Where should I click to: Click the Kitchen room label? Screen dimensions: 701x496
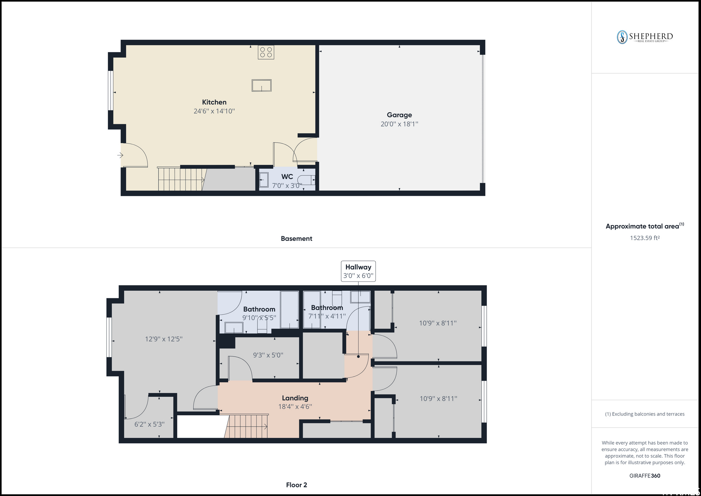(214, 102)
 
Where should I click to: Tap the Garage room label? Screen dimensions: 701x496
(399, 115)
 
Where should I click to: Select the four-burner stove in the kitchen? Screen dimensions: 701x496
(266, 52)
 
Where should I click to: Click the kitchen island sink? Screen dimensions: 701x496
(262, 85)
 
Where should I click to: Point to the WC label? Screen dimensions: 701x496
(287, 177)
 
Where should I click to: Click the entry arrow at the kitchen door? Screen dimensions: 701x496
(120, 155)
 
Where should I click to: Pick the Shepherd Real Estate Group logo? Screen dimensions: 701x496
(645, 37)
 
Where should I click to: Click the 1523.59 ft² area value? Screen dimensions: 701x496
(645, 238)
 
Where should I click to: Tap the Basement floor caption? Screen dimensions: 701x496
(296, 239)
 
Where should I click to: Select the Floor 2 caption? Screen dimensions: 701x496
(296, 485)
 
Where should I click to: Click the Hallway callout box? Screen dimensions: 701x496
(358, 271)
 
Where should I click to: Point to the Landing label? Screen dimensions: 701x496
(295, 398)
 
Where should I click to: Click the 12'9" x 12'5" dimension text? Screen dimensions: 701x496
(164, 339)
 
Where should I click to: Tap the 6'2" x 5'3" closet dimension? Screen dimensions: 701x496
(150, 424)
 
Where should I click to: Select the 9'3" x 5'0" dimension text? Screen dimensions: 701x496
(268, 355)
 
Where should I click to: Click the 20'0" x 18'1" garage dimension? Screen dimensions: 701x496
(399, 124)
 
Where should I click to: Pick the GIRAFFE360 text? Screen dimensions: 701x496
(645, 476)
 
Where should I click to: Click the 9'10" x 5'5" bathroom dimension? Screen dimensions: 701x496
(259, 318)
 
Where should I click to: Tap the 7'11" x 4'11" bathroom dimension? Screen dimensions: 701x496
(327, 316)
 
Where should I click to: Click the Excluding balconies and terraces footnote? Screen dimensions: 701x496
(645, 414)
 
